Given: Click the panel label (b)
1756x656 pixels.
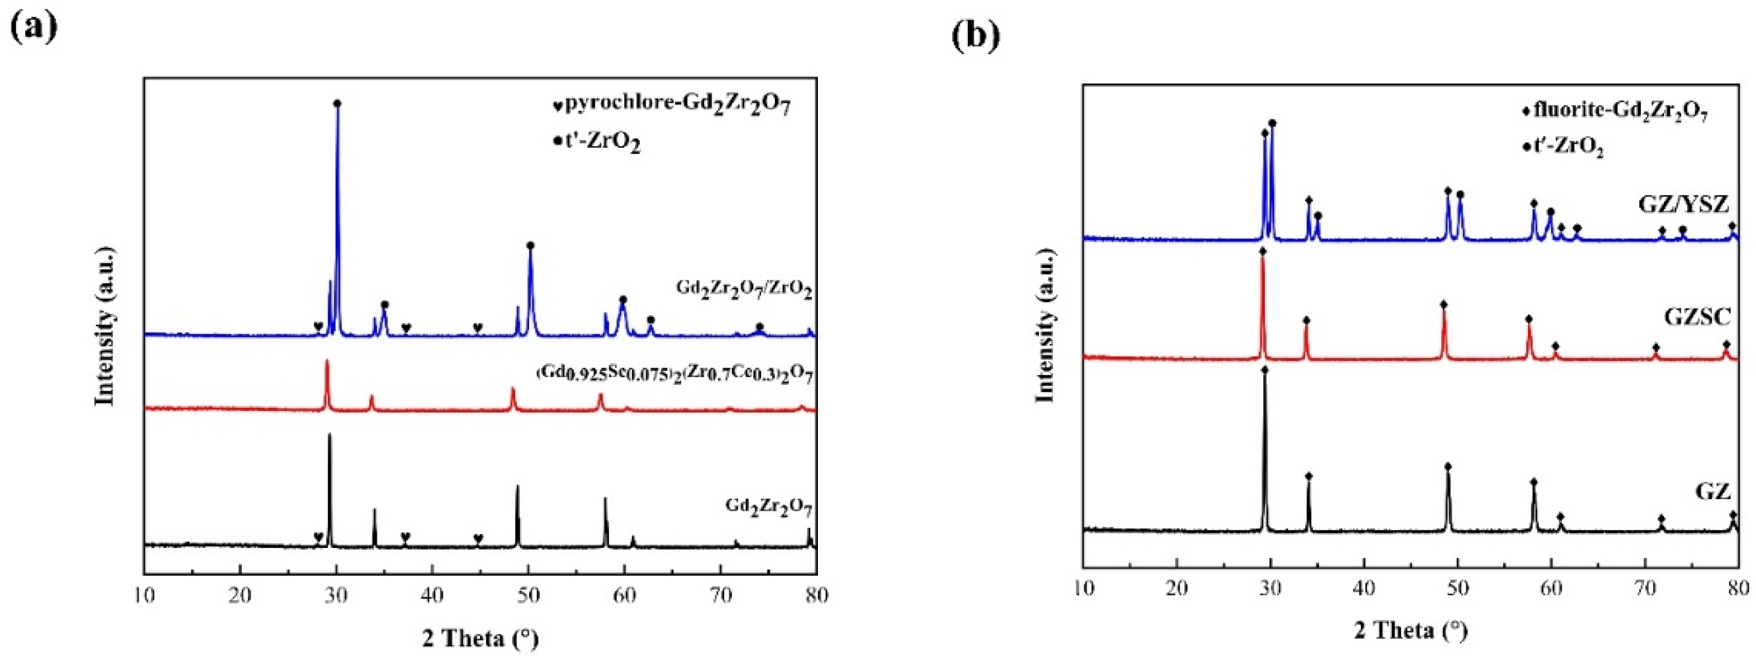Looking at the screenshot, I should coord(975,36).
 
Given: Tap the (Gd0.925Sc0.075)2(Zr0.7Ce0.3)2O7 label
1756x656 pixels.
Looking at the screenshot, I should coord(675,374).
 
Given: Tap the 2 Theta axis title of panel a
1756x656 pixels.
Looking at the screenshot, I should coord(481,638).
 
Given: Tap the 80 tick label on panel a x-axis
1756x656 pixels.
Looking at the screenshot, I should coord(816,595).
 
